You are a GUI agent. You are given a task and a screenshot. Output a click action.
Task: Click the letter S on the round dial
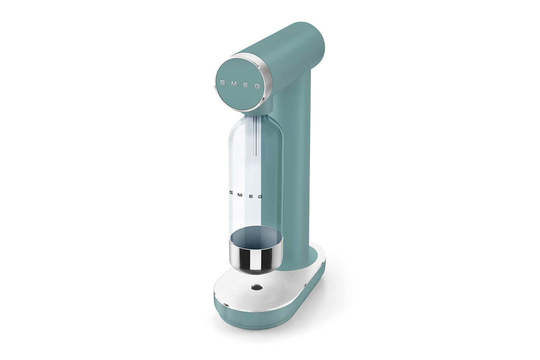[x=223, y=83]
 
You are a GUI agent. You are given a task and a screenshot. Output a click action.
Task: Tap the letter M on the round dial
[x=234, y=84]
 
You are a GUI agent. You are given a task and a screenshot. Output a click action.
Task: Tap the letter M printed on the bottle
[x=240, y=195]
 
